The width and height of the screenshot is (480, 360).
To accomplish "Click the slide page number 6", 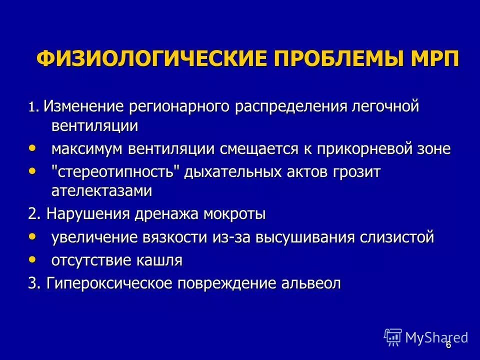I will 448,344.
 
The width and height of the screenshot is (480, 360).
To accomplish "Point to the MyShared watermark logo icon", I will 393,337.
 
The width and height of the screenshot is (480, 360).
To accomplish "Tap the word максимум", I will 88,148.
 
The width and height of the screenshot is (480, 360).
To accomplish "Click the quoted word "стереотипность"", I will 115,171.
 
